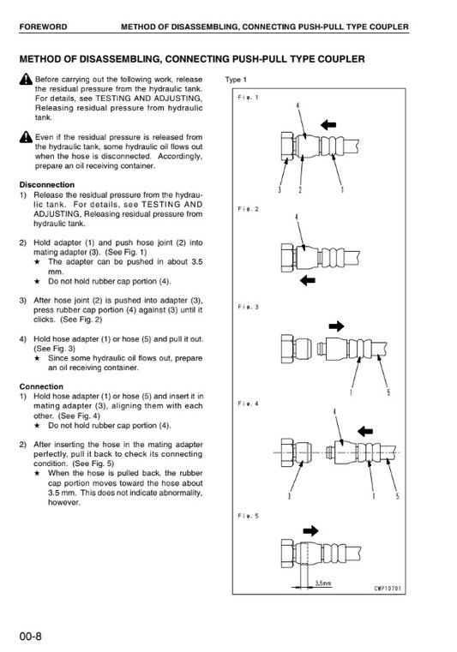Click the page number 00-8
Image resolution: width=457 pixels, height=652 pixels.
click(30, 637)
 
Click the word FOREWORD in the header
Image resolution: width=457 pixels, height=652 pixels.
click(43, 27)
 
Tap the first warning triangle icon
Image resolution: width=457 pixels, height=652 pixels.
click(26, 79)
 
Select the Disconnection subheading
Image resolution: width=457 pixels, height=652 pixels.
click(47, 184)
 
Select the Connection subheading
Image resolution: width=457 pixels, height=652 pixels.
click(41, 386)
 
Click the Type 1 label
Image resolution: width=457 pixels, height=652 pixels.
click(236, 80)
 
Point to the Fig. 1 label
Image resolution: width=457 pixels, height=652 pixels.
click(248, 98)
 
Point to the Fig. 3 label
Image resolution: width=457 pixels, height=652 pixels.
click(248, 307)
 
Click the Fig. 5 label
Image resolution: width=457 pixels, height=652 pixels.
click(248, 516)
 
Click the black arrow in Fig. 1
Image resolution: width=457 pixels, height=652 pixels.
click(328, 124)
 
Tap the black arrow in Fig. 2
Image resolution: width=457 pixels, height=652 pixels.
click(308, 280)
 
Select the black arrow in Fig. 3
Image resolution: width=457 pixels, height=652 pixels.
click(336, 326)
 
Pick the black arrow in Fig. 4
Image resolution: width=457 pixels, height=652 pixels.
click(365, 431)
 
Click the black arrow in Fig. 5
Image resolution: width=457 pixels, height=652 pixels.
click(311, 530)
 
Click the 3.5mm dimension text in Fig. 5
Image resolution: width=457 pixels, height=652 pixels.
click(323, 583)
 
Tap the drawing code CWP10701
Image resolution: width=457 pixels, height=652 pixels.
click(388, 588)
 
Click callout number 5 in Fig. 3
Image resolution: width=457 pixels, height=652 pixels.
click(388, 392)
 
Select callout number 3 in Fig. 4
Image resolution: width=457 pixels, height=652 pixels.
click(289, 496)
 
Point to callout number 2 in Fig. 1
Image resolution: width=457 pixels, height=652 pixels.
click(300, 189)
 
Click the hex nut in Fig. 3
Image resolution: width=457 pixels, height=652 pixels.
click(287, 349)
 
